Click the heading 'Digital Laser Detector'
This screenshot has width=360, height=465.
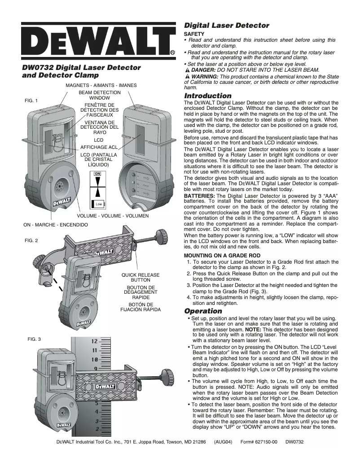coord(227,26)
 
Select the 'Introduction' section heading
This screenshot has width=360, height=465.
coord(208,96)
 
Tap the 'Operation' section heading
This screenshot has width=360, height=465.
coord(203,311)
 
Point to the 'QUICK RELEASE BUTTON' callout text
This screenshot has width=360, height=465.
coord(140,277)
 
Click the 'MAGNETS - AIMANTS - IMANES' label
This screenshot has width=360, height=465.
coord(101,85)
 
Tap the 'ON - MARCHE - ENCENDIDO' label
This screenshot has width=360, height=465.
coord(55,224)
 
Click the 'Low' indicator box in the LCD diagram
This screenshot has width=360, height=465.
coord(99,204)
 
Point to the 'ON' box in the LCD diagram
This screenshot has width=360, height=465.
coord(97,173)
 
